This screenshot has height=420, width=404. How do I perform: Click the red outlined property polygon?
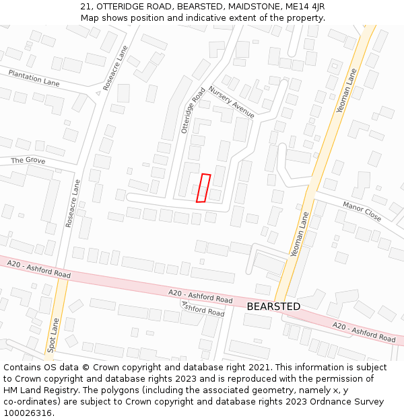(x=203, y=188)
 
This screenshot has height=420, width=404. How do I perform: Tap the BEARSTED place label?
(x=273, y=306)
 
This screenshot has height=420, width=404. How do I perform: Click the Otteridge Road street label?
(x=193, y=110)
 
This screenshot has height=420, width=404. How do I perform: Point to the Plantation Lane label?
(x=34, y=78)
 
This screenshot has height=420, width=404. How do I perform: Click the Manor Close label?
(x=362, y=212)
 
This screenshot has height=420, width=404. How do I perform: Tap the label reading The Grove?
(x=28, y=161)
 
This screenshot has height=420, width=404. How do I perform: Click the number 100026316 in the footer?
(x=28, y=413)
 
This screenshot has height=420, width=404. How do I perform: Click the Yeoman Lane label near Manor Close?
(x=300, y=235)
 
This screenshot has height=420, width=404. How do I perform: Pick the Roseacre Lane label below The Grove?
(x=73, y=203)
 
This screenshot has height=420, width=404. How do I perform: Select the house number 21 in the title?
(x=84, y=7)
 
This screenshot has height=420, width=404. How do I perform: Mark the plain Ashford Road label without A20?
(x=203, y=309)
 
